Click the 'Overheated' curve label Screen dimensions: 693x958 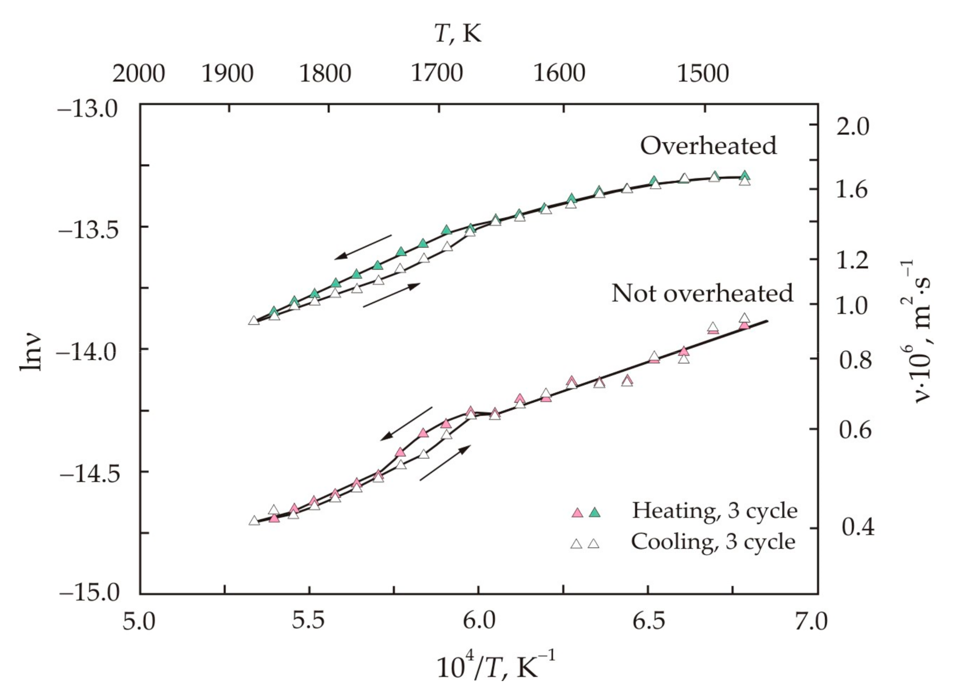pyautogui.click(x=708, y=146)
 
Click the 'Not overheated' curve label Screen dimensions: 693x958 pyautogui.click(x=702, y=293)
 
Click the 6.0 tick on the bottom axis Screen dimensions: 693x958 pyautogui.click(x=479, y=621)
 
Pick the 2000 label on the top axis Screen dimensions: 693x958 pyautogui.click(x=138, y=73)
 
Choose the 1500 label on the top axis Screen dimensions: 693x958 pyautogui.click(x=703, y=73)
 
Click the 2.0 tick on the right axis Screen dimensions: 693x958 pyautogui.click(x=852, y=127)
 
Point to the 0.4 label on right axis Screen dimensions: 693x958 pyautogui.click(x=857, y=527)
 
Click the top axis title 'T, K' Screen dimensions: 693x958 pyautogui.click(x=458, y=34)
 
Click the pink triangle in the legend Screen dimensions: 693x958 pyautogui.click(x=577, y=513)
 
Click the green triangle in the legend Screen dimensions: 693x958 pyautogui.click(x=595, y=513)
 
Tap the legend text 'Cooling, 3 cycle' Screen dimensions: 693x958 pyautogui.click(x=713, y=542)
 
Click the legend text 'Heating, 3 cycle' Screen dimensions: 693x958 pyautogui.click(x=715, y=510)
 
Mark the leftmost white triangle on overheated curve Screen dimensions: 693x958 pyautogui.click(x=254, y=320)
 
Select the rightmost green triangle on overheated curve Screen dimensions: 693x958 pyautogui.click(x=745, y=175)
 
